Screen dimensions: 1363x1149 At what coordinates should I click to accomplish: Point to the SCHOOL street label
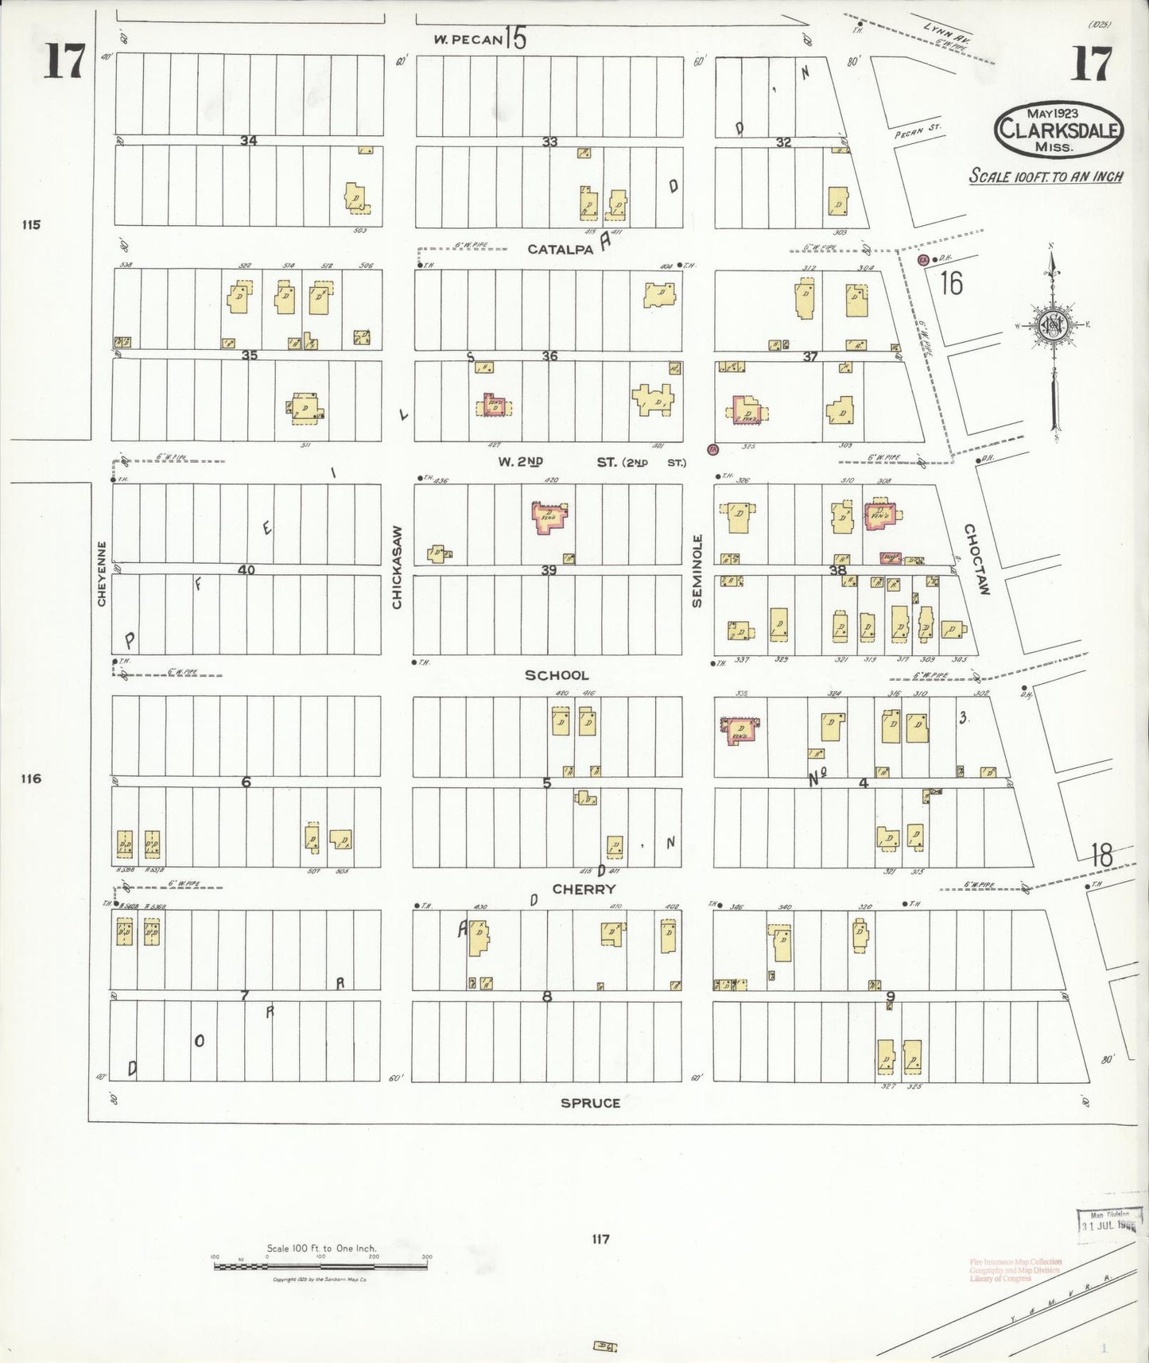557,675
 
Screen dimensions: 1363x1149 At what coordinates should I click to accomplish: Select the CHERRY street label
584,889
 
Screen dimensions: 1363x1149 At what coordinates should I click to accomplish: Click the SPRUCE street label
590,1103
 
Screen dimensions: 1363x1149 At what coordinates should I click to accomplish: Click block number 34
249,141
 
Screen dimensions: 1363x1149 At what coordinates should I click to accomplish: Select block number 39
549,570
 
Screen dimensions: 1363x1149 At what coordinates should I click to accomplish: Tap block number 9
891,996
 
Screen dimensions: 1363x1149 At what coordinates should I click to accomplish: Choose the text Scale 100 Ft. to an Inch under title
1046,177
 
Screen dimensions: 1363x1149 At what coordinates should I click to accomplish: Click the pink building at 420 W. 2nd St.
550,517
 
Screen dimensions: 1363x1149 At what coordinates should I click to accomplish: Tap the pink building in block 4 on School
739,730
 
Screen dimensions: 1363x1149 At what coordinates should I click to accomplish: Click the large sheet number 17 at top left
63,62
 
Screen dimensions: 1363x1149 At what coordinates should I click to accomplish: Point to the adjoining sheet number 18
1101,856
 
